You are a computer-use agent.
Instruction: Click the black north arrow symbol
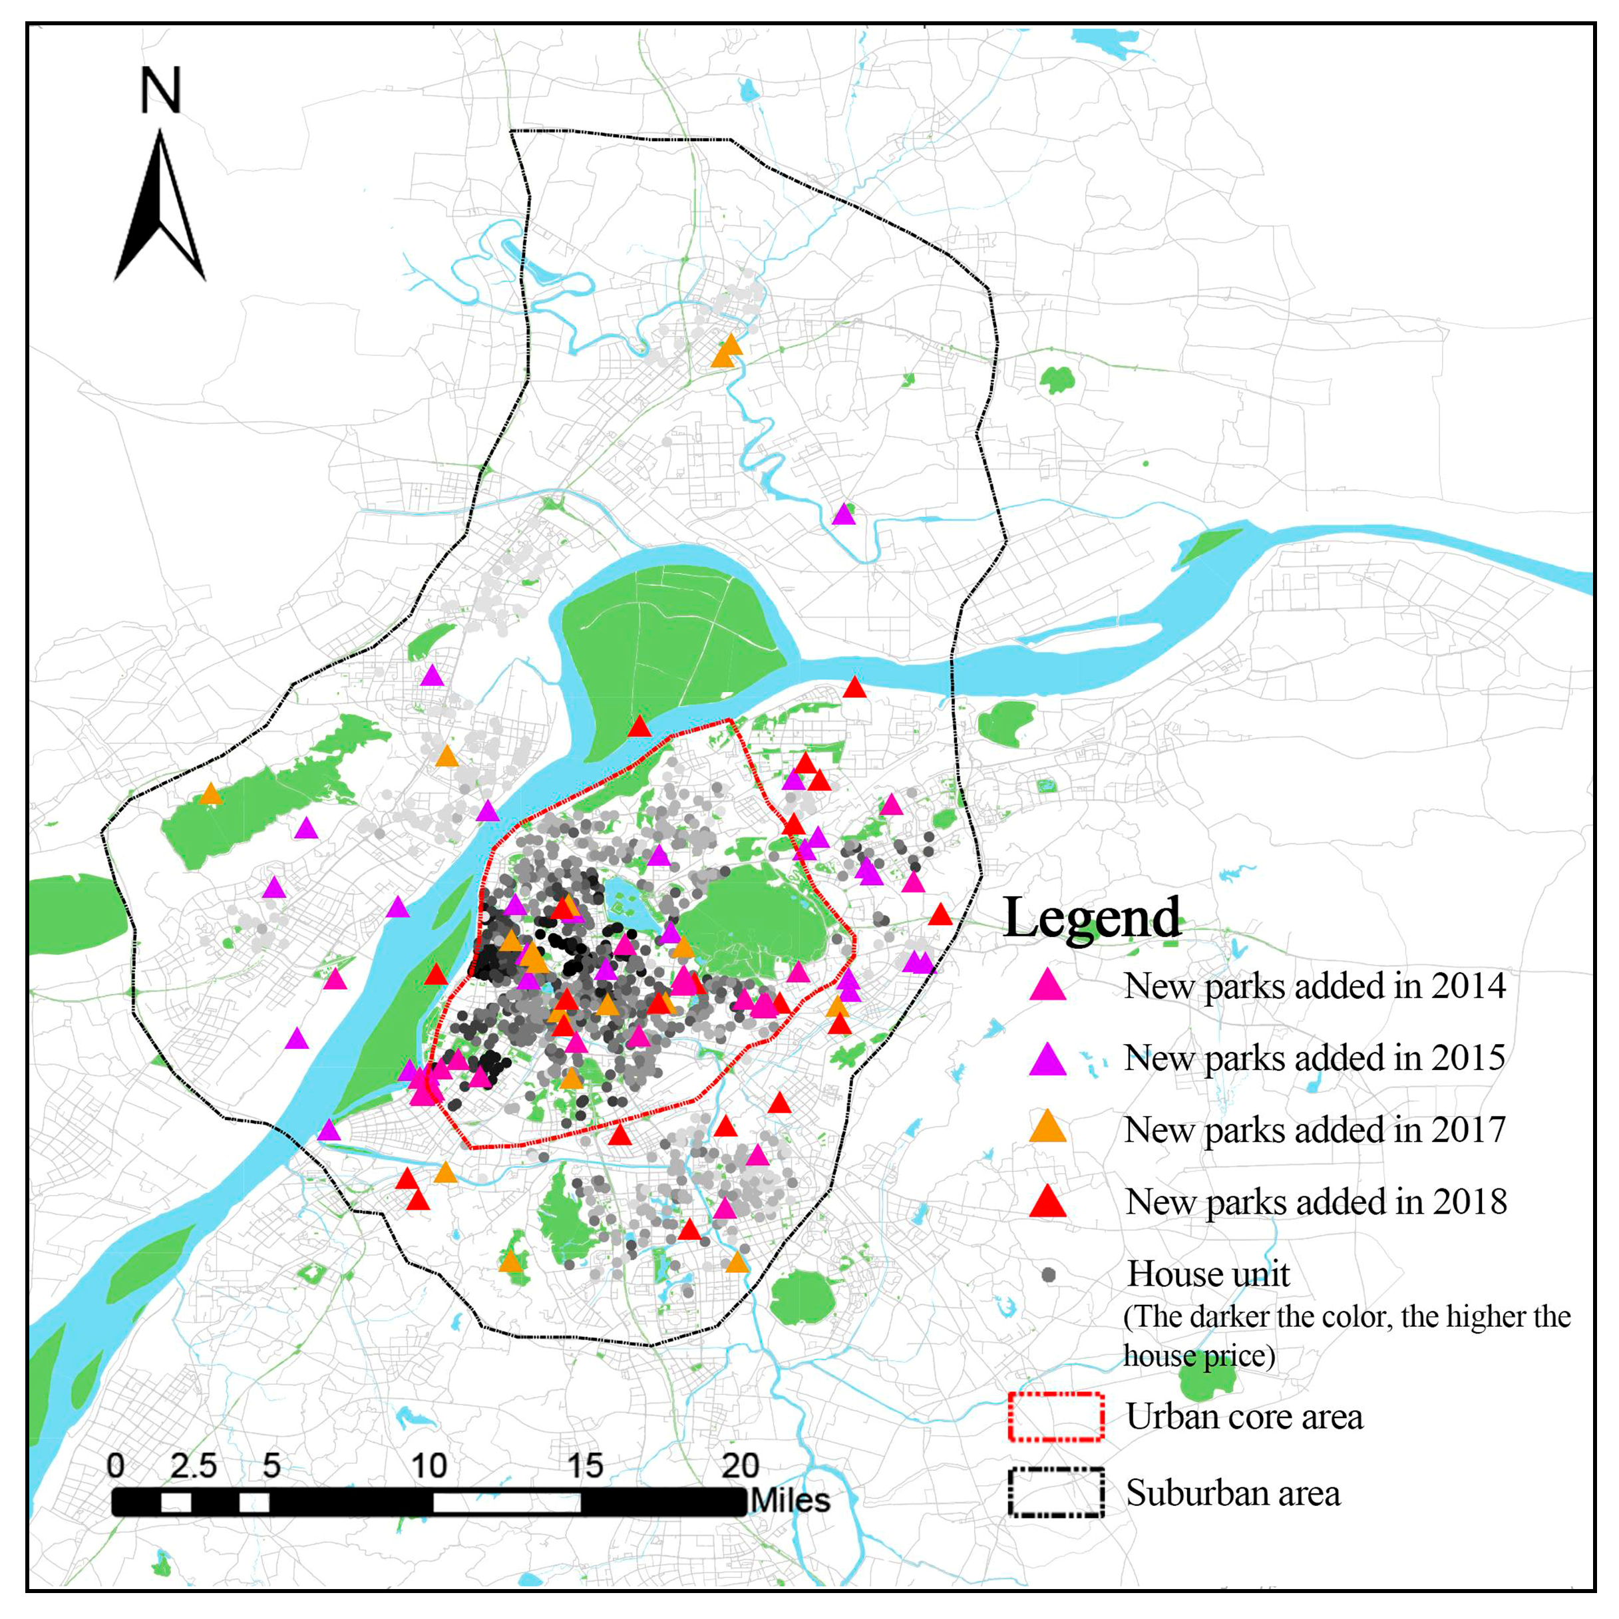(x=159, y=210)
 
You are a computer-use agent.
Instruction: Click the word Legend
(x=1091, y=918)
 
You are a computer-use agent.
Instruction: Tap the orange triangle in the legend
(x=1047, y=1128)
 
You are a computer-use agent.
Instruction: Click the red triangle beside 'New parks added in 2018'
(x=1047, y=1202)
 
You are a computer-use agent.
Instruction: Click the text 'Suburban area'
(x=1232, y=1493)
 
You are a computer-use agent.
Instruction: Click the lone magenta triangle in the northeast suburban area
(x=844, y=514)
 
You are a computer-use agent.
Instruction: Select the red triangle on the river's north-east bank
(x=854, y=688)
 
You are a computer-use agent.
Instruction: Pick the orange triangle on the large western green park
(x=210, y=794)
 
